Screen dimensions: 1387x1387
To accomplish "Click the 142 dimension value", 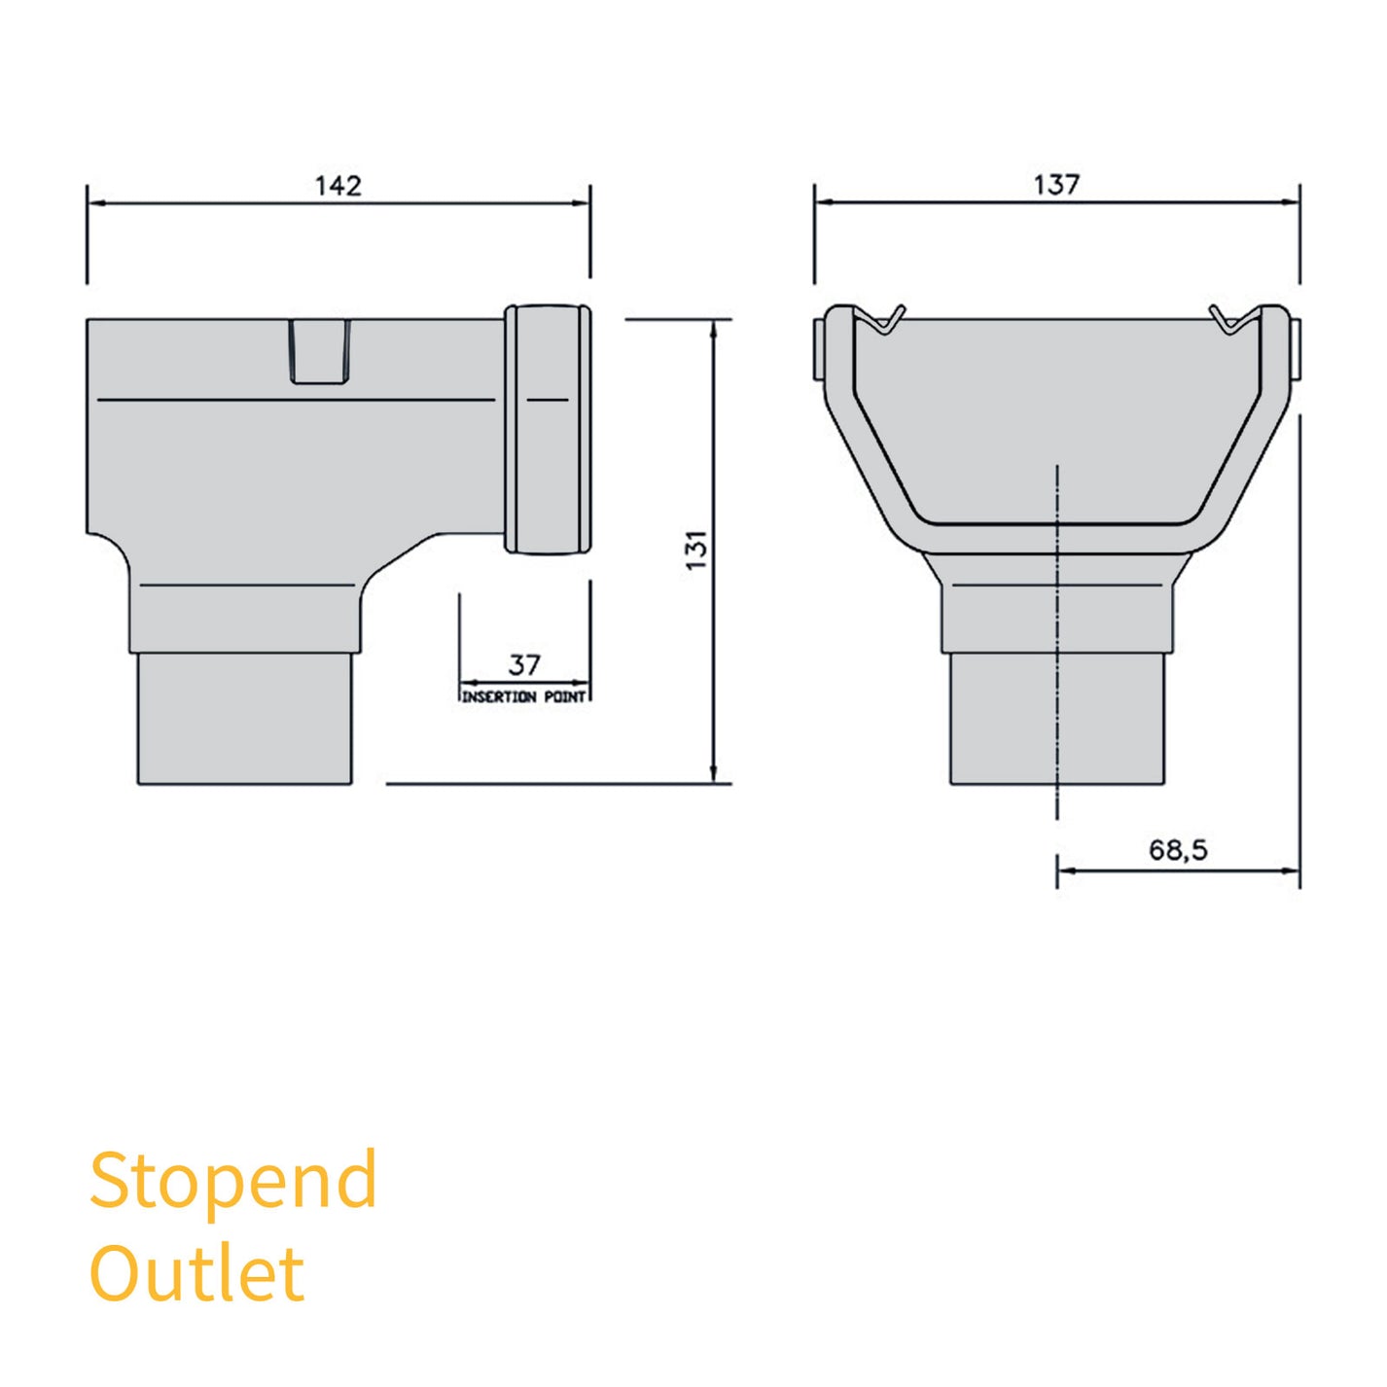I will (338, 185).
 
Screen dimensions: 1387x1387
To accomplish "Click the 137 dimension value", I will (1055, 184).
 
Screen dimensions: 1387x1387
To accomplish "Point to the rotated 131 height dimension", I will (696, 550).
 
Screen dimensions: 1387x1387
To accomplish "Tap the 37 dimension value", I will (523, 665).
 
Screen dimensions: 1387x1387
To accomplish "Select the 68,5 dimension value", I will (1177, 850).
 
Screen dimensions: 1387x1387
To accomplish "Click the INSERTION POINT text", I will (523, 697).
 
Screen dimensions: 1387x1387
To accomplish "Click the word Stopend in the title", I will (233, 1180).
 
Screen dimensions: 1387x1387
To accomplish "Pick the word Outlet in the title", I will (197, 1273).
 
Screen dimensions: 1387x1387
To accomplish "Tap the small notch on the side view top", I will (320, 352).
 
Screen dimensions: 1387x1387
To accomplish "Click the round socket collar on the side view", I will (548, 430).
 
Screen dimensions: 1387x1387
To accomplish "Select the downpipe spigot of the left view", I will (244, 718).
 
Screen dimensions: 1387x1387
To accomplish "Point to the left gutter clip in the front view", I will (882, 320).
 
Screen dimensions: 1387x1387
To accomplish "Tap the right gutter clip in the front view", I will (1231, 320).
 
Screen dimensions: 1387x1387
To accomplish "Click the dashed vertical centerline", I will (1057, 642).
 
